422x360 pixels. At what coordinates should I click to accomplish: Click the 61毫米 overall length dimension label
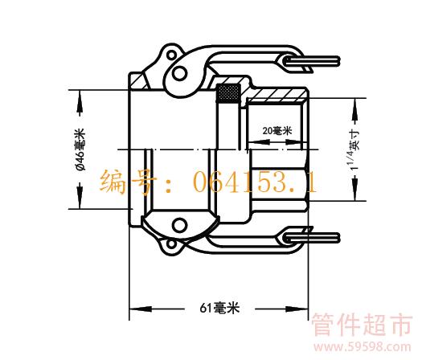(x=219, y=308)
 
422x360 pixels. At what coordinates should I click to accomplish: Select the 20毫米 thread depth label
(x=277, y=131)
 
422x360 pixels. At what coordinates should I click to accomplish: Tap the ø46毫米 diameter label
(x=80, y=149)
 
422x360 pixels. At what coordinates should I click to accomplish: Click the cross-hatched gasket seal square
(x=228, y=93)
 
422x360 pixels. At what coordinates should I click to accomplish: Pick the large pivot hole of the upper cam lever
(x=179, y=73)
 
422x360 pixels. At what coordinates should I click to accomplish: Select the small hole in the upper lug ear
(x=171, y=55)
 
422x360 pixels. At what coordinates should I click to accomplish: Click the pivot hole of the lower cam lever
(x=179, y=225)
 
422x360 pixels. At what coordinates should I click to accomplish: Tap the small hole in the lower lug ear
(x=171, y=244)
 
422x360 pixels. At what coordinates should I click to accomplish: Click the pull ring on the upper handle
(x=311, y=62)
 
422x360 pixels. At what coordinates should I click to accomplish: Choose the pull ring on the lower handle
(x=311, y=238)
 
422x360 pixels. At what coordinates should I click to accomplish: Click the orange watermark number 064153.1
(x=255, y=182)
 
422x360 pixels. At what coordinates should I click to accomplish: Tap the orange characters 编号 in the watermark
(x=128, y=182)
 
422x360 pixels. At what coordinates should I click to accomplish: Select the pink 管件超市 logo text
(x=362, y=325)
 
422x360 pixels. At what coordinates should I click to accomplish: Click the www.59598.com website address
(x=363, y=347)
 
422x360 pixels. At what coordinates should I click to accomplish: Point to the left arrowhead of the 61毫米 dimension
(x=140, y=309)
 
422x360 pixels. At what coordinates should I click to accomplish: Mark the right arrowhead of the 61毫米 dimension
(x=297, y=309)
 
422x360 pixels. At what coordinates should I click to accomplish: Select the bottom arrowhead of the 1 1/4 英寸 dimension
(x=355, y=190)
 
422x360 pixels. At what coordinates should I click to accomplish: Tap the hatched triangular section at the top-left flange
(x=139, y=80)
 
